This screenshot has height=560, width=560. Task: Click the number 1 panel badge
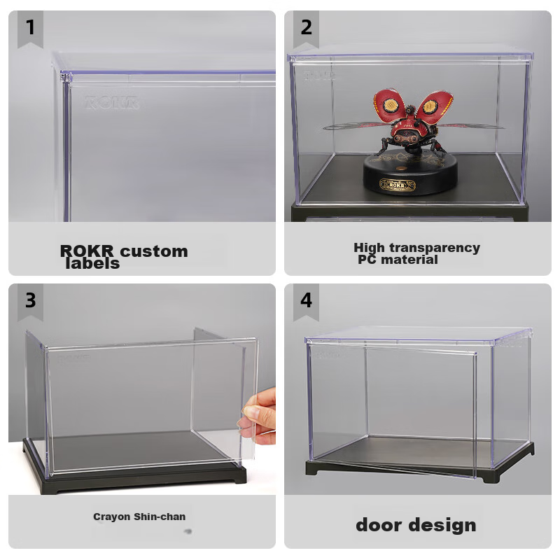coord(30,29)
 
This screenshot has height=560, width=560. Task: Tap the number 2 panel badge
coord(306,29)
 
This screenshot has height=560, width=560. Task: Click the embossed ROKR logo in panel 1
coord(112,102)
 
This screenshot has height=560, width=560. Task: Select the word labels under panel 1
coord(92,264)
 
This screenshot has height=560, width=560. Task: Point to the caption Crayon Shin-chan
coord(139,517)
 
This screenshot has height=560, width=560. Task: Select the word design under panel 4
coord(445,525)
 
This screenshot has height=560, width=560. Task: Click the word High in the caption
coord(369,247)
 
